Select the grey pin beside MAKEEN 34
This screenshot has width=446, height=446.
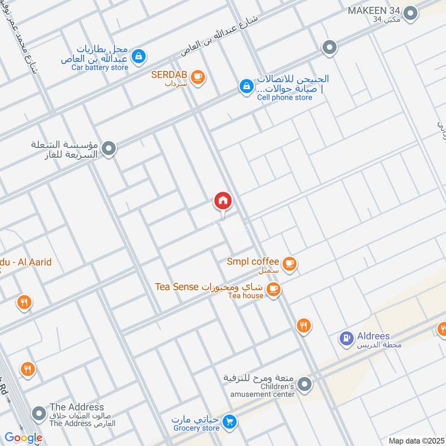pyautogui.click(x=411, y=13)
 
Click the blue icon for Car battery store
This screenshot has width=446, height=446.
pyautogui.click(x=139, y=56)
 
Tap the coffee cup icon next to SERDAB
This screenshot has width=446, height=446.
pyautogui.click(x=197, y=77)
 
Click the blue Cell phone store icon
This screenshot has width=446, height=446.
pyautogui.click(x=245, y=86)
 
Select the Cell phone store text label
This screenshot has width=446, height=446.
pyautogui.click(x=284, y=98)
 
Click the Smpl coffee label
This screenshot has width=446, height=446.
pyautogui.click(x=253, y=261)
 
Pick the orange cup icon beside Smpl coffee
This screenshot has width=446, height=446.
pyautogui.click(x=289, y=263)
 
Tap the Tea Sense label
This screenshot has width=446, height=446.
pyautogui.click(x=177, y=287)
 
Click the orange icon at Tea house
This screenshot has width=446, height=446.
pyautogui.click(x=273, y=288)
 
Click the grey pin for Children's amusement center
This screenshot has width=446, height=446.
pyautogui.click(x=304, y=384)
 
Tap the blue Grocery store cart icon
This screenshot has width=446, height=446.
pyautogui.click(x=229, y=423)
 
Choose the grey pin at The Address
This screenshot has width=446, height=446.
pyautogui.click(x=39, y=414)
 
